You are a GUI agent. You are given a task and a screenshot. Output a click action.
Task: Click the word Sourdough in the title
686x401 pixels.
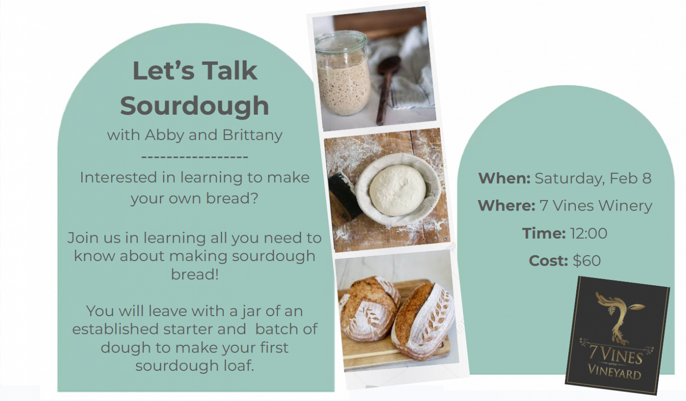click(x=195, y=106)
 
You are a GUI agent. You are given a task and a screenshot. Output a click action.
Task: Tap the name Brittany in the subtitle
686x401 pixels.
click(x=252, y=135)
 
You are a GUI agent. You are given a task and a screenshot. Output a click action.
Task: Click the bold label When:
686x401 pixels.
click(x=504, y=178)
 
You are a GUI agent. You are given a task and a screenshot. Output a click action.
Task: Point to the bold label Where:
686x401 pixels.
click(x=506, y=205)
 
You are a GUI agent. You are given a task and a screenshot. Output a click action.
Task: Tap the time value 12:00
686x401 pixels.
click(x=589, y=233)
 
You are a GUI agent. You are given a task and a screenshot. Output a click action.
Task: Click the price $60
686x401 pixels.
click(x=587, y=261)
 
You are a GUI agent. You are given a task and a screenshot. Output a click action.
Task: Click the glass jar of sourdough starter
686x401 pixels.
click(x=342, y=74)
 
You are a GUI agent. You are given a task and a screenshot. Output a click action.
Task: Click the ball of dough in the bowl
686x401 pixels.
click(x=398, y=190)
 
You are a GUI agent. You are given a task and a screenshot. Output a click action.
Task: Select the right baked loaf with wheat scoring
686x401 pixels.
click(x=423, y=322)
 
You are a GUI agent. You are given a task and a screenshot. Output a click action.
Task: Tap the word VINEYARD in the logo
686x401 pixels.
click(x=615, y=372)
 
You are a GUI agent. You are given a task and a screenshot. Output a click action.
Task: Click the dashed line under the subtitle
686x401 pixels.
click(x=195, y=157)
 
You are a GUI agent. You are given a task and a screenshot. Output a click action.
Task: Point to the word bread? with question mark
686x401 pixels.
click(x=232, y=199)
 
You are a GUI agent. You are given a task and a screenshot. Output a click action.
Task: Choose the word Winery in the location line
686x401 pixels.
click(x=625, y=205)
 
